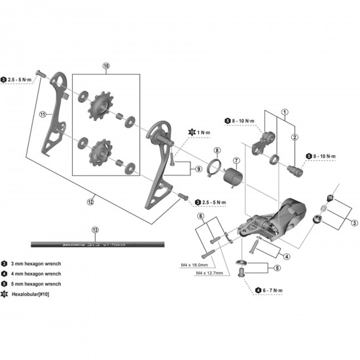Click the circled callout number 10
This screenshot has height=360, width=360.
pyautogui.click(x=107, y=66)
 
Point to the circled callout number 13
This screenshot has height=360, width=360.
pyautogui.click(x=96, y=230)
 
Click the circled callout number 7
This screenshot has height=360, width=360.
pyautogui.click(x=236, y=161)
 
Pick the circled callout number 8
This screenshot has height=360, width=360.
pyautogui.click(x=217, y=151)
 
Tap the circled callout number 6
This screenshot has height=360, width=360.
pyautogui.click(x=201, y=215)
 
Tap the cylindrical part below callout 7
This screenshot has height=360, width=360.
pyautogui.click(x=233, y=179)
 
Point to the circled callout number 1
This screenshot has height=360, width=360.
pyautogui.click(x=284, y=111)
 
